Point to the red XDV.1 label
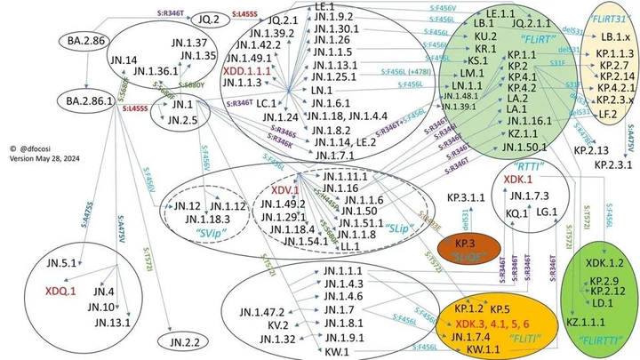pos(284,190)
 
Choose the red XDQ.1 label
pos(60,290)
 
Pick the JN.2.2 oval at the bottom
pos(181,341)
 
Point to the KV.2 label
pos(254,325)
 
